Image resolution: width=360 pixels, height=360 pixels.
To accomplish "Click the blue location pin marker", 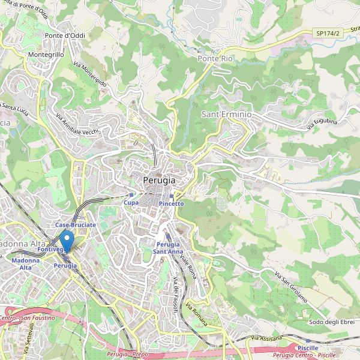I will (67, 241).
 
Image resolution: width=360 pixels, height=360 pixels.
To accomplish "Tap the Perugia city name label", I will (160, 180).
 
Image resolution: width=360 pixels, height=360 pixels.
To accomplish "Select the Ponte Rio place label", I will (215, 59).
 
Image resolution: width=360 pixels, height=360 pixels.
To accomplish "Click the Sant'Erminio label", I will (226, 114).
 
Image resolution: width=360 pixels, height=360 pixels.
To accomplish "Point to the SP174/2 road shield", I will (328, 34).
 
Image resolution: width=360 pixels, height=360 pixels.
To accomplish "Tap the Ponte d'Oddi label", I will (65, 35).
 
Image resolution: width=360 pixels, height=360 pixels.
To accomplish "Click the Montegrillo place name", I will (46, 55).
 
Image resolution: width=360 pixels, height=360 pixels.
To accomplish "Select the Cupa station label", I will (131, 203).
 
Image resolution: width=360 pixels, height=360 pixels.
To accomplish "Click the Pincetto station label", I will (172, 204).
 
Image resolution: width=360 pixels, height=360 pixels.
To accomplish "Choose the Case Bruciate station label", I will (76, 224).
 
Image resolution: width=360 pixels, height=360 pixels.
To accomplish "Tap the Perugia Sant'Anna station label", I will (168, 248).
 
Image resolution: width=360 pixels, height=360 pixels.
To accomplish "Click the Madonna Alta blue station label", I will (25, 264).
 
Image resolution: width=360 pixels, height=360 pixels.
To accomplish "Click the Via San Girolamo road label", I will (291, 287).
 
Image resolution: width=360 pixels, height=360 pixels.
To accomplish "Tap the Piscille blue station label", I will (308, 348).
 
